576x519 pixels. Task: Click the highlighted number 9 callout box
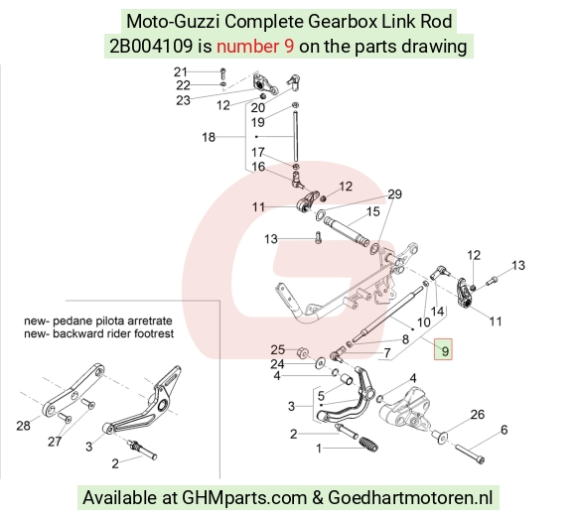[x=443, y=349]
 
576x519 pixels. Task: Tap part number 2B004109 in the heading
[x=151, y=47]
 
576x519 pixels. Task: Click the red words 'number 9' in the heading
[x=255, y=47]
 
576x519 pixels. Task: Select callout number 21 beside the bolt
[x=181, y=71]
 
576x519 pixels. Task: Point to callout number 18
[x=209, y=137]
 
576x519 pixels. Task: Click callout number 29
[x=395, y=194]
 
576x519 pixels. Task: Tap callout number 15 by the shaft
[x=372, y=211]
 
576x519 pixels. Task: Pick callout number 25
[x=278, y=349]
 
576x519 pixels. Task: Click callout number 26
[x=478, y=415]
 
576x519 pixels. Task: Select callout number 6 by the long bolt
[x=504, y=430]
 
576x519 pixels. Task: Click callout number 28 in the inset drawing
[x=23, y=426]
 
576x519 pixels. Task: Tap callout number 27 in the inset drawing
[x=55, y=442]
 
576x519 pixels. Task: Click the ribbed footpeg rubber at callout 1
[x=368, y=445]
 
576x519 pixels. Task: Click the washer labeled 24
[x=321, y=363]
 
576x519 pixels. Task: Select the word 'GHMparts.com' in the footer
[x=244, y=498]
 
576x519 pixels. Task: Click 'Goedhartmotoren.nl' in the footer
[x=410, y=498]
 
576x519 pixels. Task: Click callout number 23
[x=184, y=100]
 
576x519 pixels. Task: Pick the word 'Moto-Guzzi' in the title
[x=173, y=21]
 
